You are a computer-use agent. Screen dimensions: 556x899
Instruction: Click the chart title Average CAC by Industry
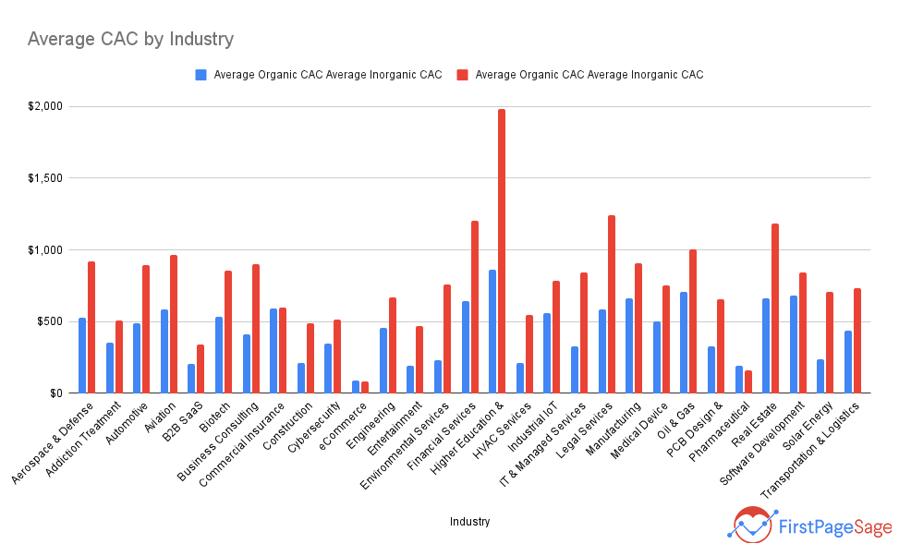pos(130,39)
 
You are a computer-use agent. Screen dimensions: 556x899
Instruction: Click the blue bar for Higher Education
pos(492,332)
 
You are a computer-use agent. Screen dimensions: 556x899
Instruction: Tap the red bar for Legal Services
pos(612,305)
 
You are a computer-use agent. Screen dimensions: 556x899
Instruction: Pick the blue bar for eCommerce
pos(356,387)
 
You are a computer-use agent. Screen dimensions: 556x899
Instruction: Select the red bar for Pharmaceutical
pos(748,382)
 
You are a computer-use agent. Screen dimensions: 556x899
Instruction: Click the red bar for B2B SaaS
pos(200,369)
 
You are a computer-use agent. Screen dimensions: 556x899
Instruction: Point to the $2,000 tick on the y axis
pos(44,106)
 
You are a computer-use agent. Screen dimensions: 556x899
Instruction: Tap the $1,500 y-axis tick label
pos(44,178)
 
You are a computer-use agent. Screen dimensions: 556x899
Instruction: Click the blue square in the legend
pos(200,75)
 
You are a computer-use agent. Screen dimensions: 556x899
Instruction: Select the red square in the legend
pos(462,75)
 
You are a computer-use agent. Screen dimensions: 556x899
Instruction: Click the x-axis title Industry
pos(469,522)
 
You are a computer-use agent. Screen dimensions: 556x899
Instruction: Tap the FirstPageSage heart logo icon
pos(753,524)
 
